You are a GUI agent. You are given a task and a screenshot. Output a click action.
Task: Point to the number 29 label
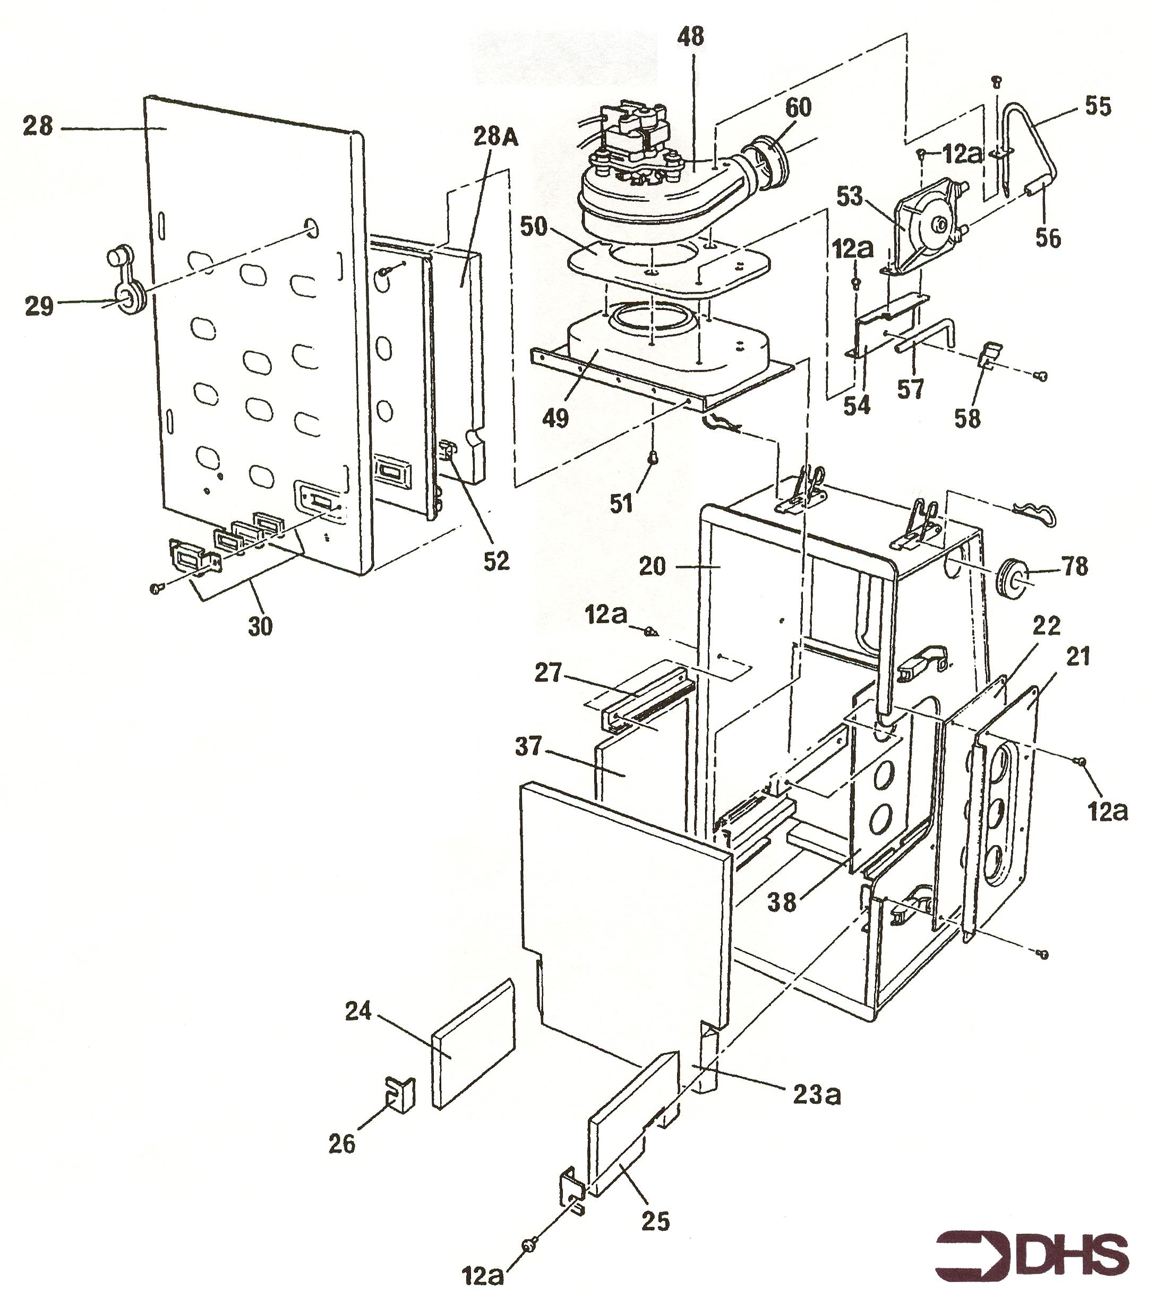click(x=39, y=306)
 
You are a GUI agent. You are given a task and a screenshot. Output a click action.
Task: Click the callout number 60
click(x=798, y=107)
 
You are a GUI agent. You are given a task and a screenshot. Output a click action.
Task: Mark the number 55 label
click(x=1098, y=106)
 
